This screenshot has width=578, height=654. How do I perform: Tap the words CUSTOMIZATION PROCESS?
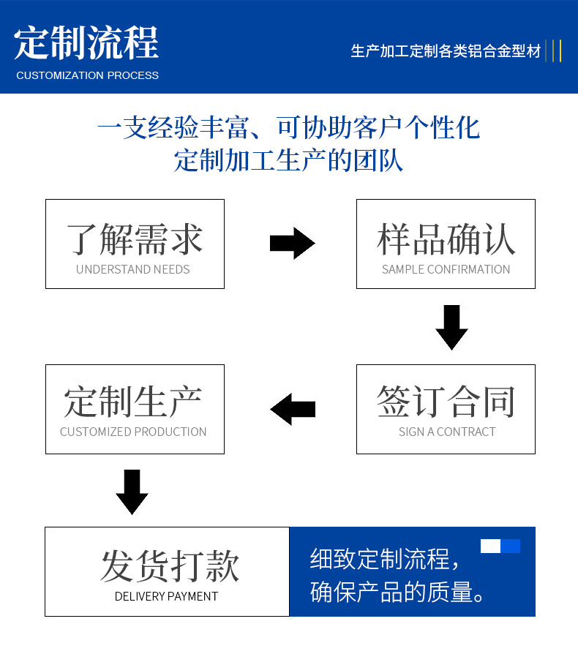87,75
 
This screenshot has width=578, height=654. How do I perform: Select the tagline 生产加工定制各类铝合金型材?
446,51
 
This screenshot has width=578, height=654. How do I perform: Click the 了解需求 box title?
135,238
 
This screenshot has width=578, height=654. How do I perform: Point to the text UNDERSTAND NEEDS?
132,269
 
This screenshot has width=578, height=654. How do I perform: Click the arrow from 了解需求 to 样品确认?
291,243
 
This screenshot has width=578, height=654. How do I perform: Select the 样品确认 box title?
446,238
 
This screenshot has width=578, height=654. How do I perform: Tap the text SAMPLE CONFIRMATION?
446,269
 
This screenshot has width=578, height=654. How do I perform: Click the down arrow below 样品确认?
451,326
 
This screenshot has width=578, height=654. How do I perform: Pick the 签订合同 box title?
446,401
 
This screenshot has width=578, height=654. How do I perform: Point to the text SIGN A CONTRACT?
446,432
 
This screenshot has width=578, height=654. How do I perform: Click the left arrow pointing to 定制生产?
293,408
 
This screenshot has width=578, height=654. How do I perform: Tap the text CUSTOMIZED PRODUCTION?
133,432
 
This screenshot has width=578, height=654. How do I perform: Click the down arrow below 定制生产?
132,491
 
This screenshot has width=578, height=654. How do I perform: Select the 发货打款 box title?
170,566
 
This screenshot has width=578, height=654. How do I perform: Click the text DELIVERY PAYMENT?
166,596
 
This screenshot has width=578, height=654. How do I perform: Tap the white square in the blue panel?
490,546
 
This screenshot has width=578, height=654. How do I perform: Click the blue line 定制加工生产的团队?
288,160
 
